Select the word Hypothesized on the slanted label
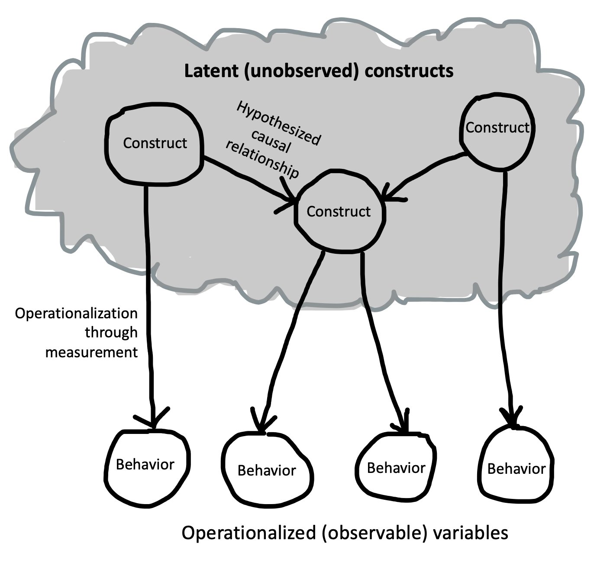[x=278, y=123]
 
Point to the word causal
[x=271, y=142]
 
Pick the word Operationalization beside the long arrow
[x=76, y=314]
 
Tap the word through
[x=111, y=333]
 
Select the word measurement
[x=91, y=352]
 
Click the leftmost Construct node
[x=154, y=143]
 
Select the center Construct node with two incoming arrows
[x=339, y=211]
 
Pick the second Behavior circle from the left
[x=267, y=470]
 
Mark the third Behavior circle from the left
[x=396, y=467]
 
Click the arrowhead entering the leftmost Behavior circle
[x=152, y=418]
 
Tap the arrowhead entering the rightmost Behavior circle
[x=511, y=417]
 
